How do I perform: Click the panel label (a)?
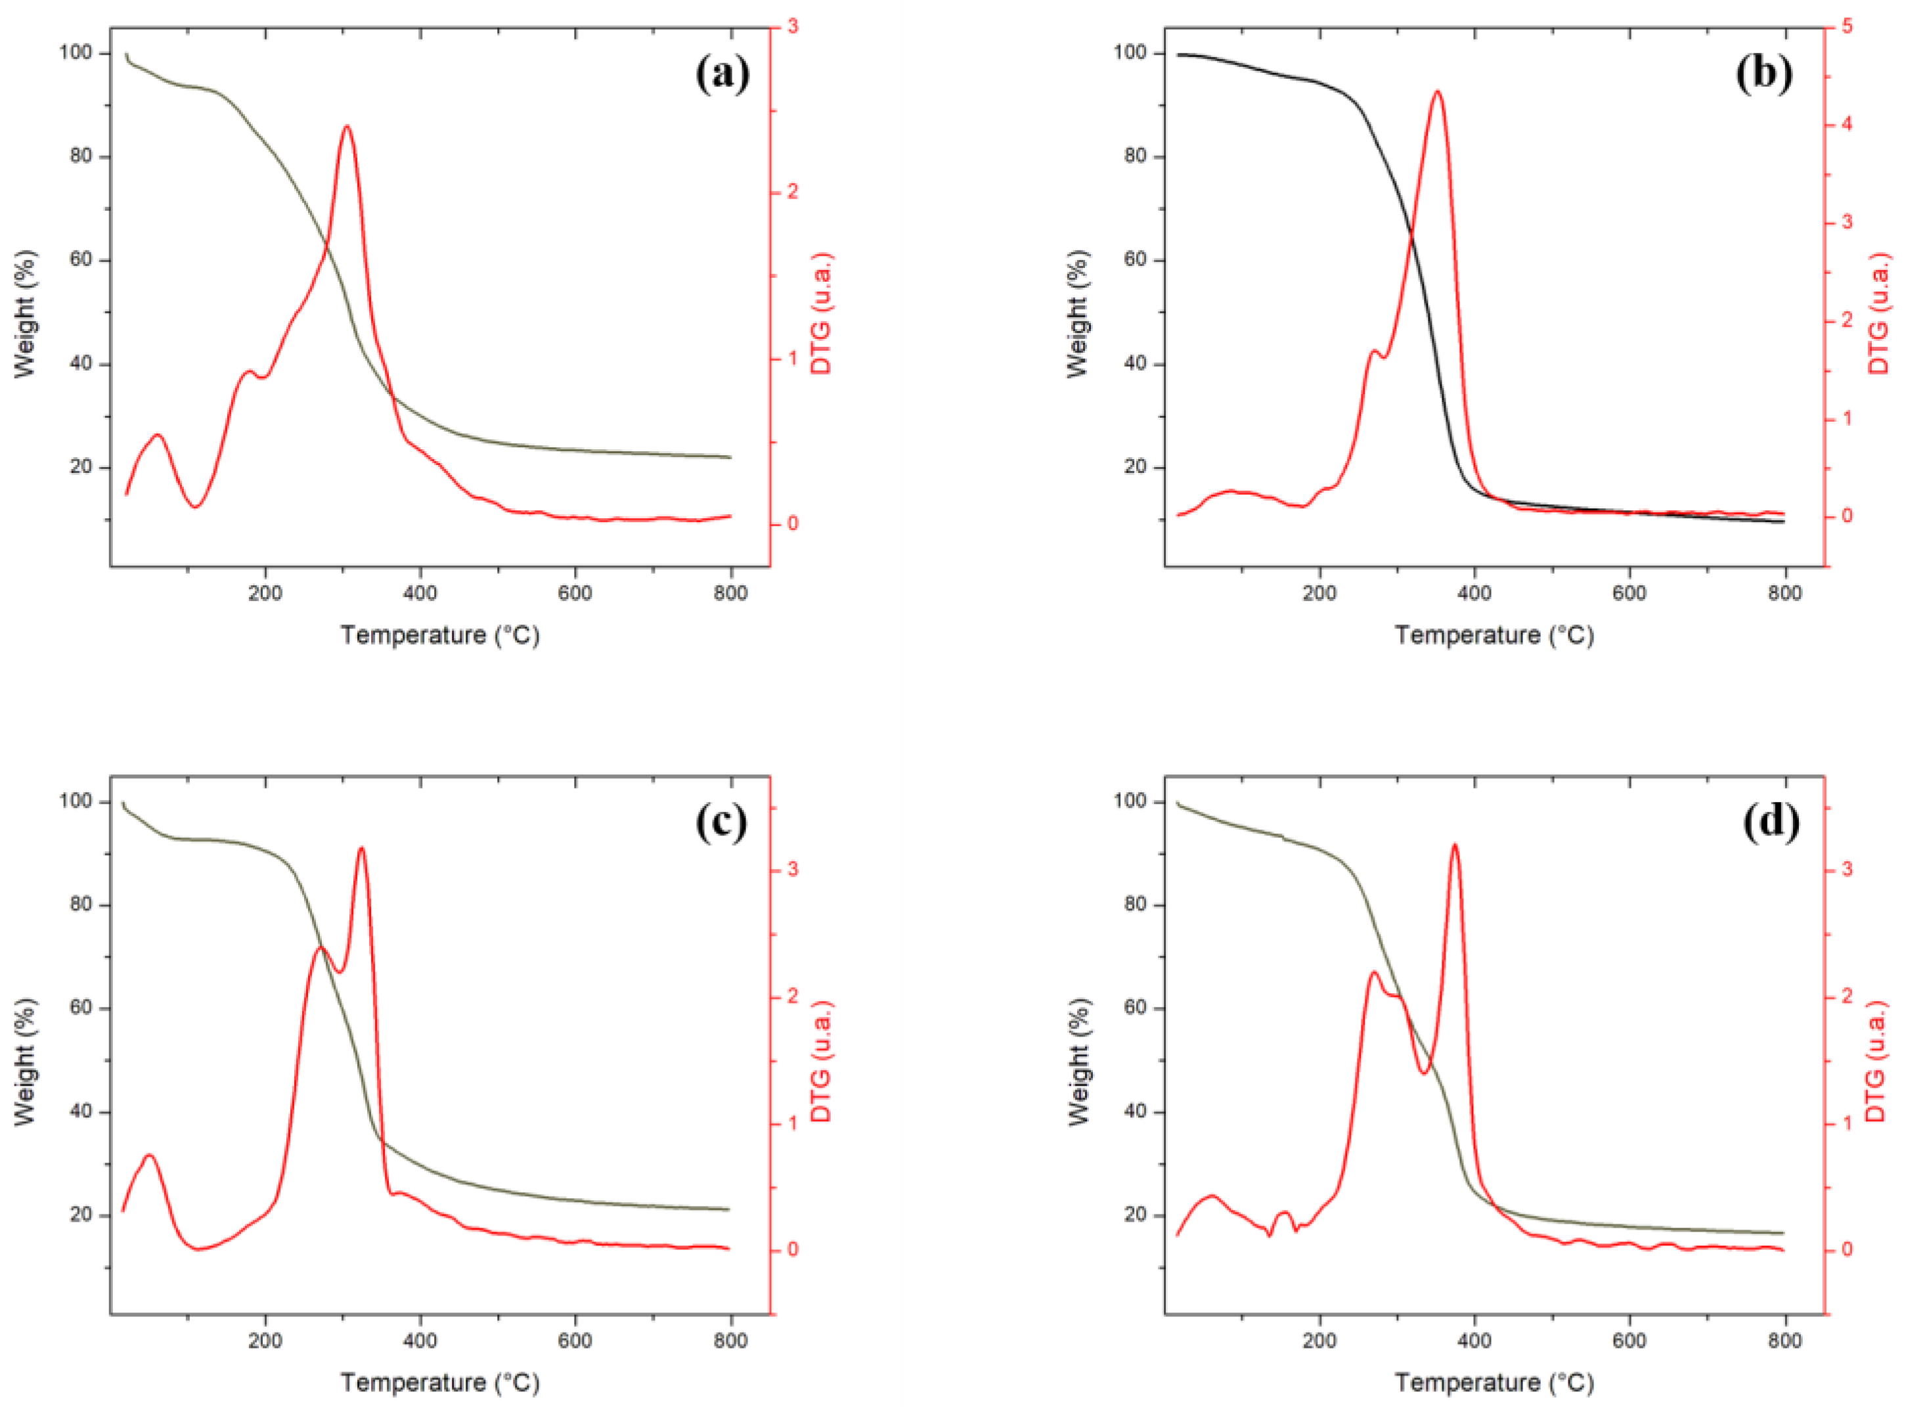(722, 74)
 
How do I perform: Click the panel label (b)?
(1763, 74)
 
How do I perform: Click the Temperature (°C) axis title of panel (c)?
(440, 1381)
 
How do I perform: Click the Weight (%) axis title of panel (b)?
(1077, 313)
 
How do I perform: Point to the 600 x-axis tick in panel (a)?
(575, 592)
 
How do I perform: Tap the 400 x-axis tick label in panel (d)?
(1474, 1341)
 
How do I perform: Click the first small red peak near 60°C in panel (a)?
(158, 435)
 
